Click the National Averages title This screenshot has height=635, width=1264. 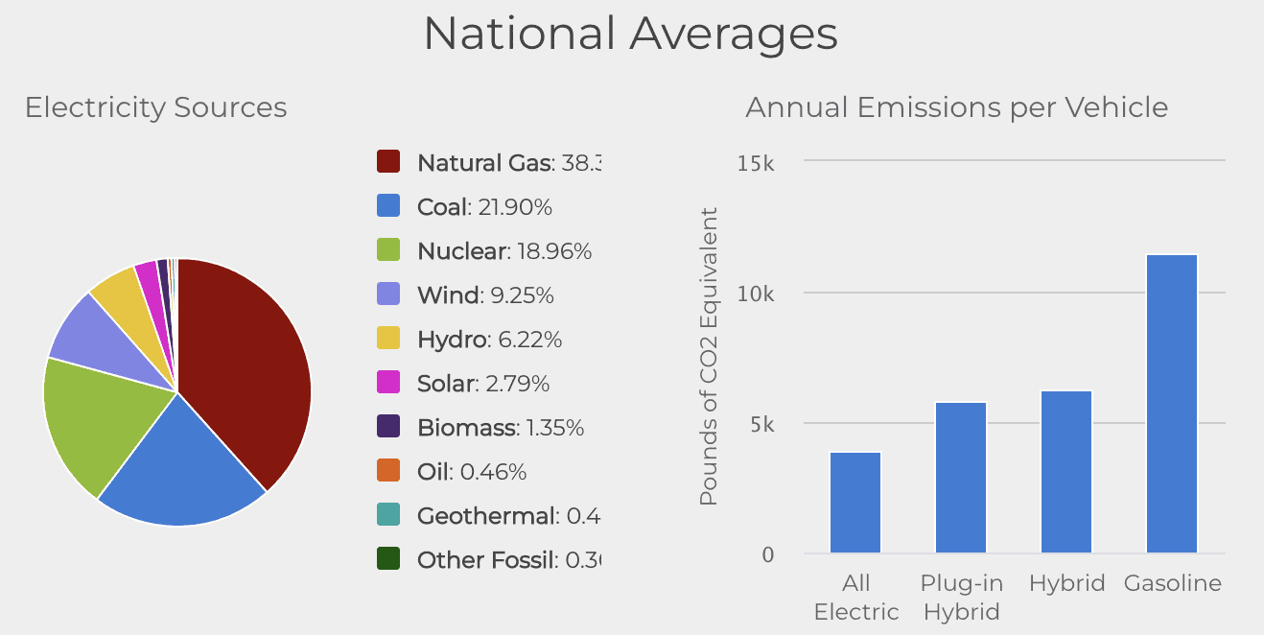click(630, 34)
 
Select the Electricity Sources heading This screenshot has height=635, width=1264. click(155, 107)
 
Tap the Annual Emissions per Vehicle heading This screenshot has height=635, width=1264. click(956, 107)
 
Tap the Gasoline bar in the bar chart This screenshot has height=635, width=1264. click(1172, 403)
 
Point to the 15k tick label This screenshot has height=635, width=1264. click(756, 163)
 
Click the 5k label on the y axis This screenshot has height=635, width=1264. click(761, 424)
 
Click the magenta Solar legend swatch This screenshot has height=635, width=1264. click(388, 384)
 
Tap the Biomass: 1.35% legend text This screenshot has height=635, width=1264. click(501, 428)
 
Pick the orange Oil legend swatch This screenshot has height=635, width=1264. click(388, 472)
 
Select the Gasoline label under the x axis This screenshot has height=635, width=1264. click(1172, 583)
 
